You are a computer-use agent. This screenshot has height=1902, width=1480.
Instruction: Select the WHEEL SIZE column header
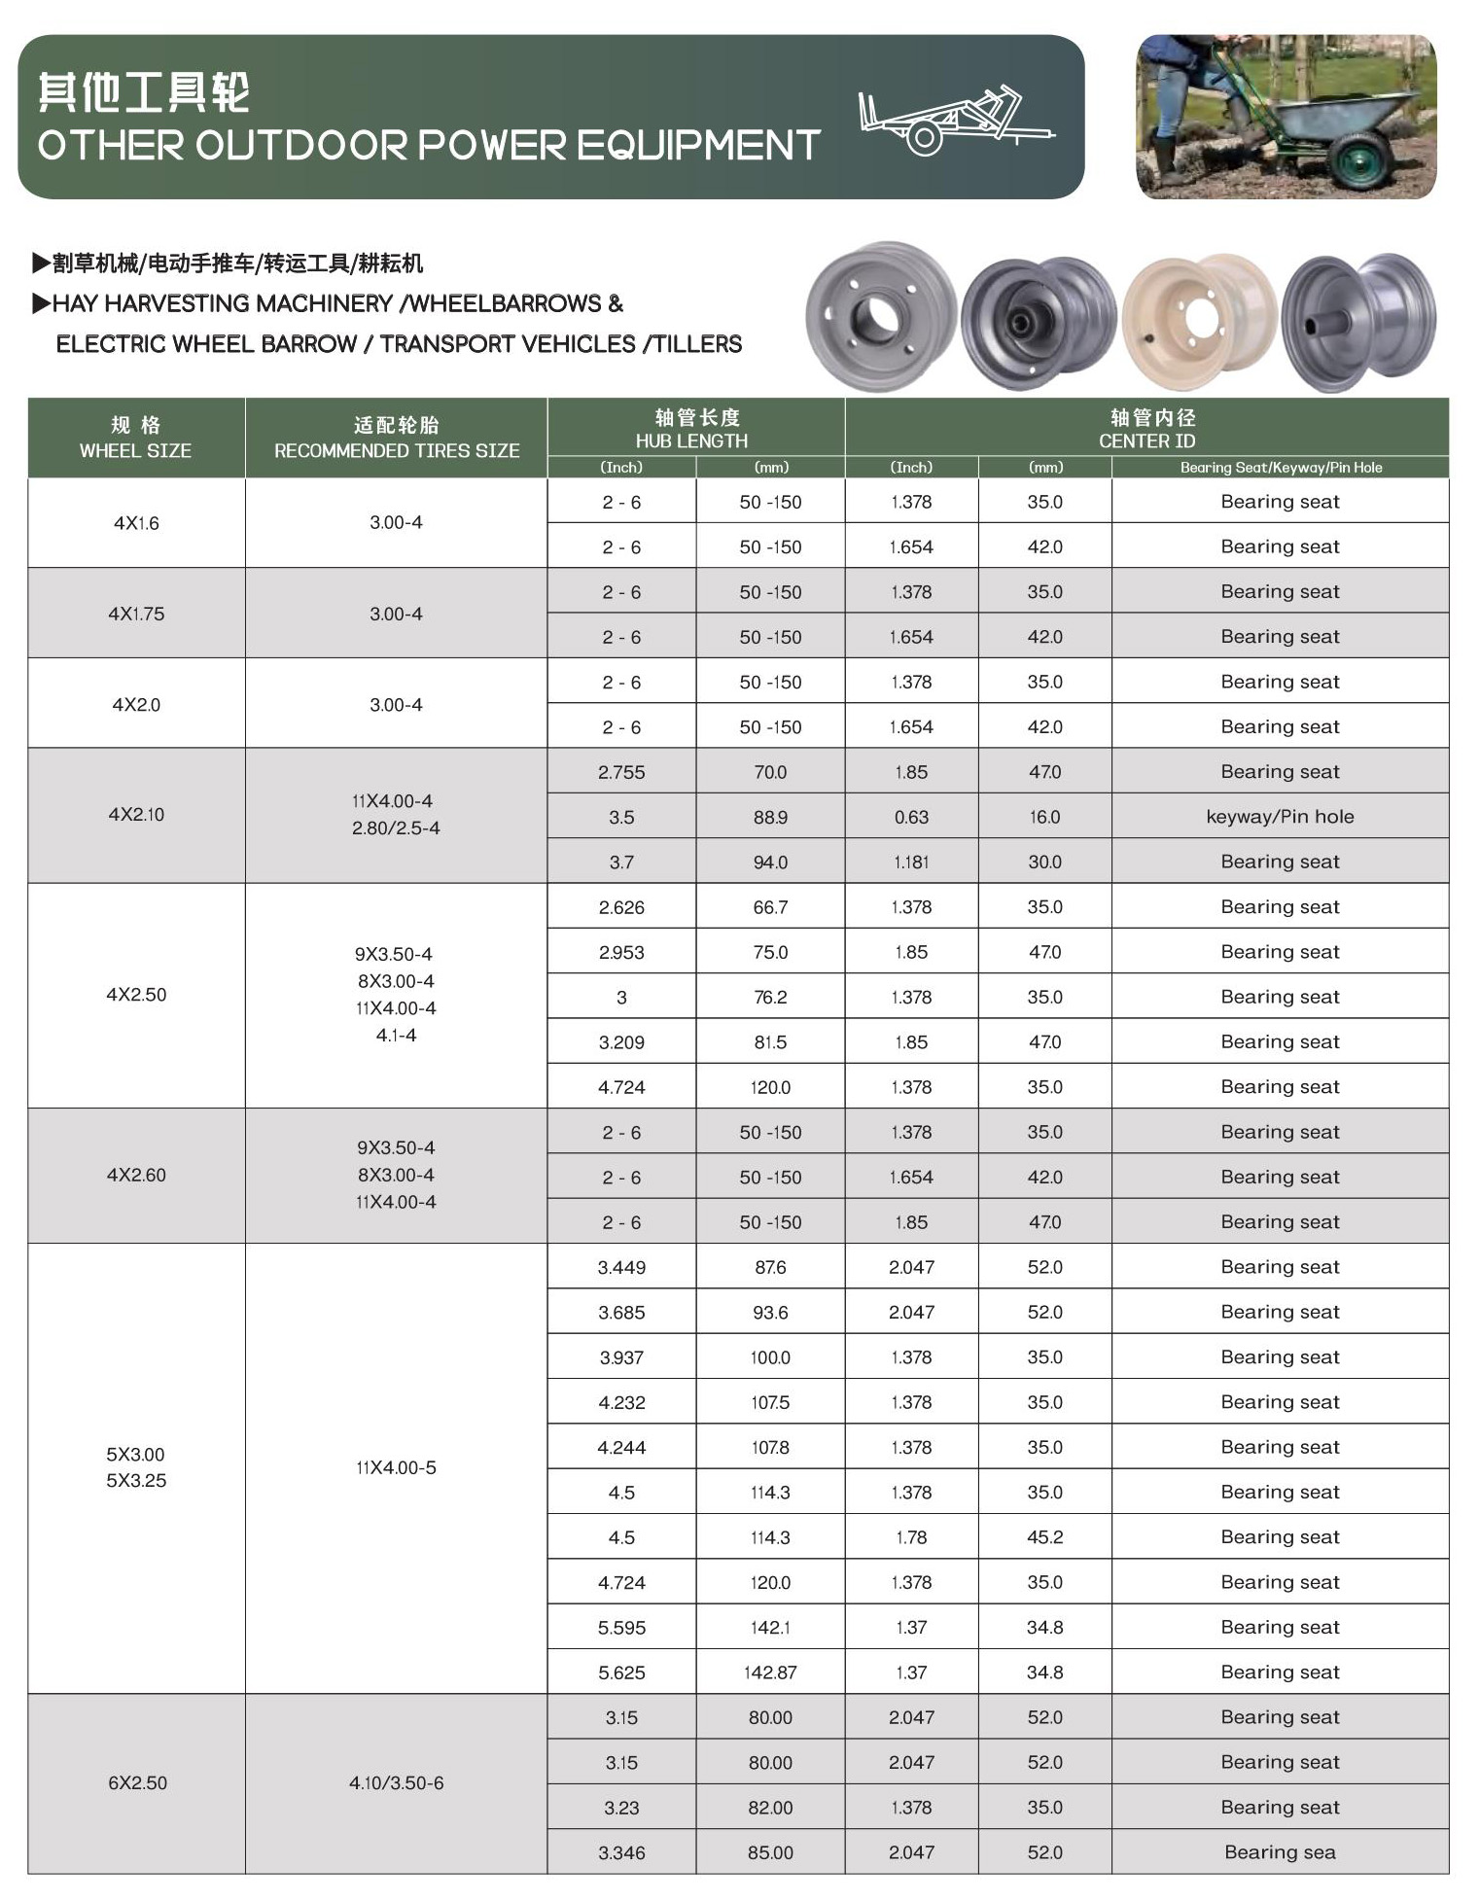click(135, 438)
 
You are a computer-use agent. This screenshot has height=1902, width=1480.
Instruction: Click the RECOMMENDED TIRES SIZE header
click(396, 438)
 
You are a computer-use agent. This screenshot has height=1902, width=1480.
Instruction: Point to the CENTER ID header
click(1146, 429)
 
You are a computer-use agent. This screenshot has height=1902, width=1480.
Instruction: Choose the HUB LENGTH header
click(691, 429)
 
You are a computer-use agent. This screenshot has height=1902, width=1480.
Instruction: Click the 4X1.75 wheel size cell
click(136, 614)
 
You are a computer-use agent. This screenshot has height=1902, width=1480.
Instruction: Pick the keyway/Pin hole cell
click(1280, 817)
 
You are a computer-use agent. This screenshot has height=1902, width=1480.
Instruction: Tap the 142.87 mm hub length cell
click(770, 1673)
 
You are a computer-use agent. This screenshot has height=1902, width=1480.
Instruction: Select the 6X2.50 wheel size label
click(137, 1782)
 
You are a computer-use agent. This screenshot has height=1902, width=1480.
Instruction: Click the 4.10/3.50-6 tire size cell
click(396, 1782)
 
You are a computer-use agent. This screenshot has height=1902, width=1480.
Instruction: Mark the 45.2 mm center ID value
click(1045, 1537)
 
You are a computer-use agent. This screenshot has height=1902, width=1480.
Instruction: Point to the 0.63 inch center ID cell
click(911, 817)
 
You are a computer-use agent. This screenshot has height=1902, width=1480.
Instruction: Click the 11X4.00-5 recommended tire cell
click(396, 1467)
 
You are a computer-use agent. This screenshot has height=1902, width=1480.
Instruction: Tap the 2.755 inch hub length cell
click(621, 772)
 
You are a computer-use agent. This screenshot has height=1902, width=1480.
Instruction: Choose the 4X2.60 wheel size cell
click(136, 1175)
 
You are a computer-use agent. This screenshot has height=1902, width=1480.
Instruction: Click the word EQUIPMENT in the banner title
click(698, 146)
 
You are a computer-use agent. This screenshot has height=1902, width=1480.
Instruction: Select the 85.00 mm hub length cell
click(770, 1852)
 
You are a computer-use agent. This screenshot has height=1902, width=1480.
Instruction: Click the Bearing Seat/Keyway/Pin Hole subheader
click(1280, 468)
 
